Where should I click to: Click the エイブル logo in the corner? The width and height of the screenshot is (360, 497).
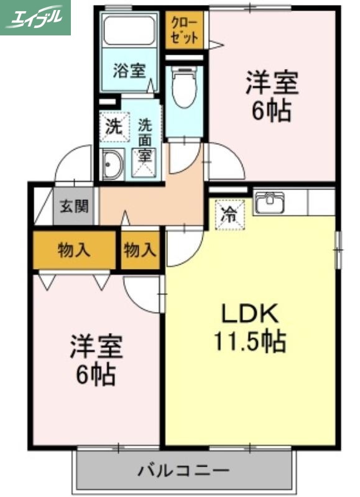[x=35, y=17]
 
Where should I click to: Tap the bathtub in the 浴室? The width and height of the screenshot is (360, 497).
[x=129, y=30]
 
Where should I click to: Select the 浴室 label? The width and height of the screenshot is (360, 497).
[x=129, y=70]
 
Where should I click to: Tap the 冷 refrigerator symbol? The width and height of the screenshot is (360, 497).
[x=230, y=215]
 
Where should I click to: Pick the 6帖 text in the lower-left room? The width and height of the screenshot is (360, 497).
[x=95, y=374]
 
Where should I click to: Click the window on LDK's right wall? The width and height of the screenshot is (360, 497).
[x=338, y=249]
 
